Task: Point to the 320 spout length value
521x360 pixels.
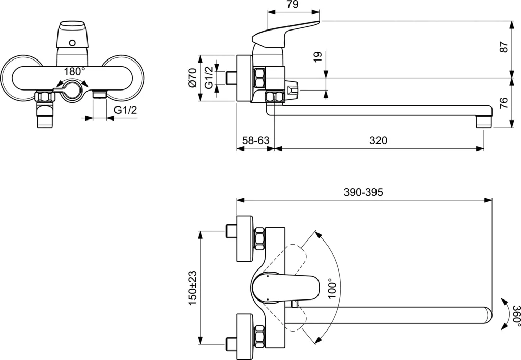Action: click(x=379, y=141)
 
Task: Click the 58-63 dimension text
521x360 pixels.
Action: click(x=255, y=141)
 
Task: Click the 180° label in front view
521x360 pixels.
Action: click(x=75, y=71)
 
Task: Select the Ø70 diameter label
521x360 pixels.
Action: click(x=193, y=78)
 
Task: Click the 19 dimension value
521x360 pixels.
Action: click(x=318, y=56)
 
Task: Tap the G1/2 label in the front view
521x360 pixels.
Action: click(x=125, y=110)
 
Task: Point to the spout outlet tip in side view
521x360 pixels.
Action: click(x=483, y=122)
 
